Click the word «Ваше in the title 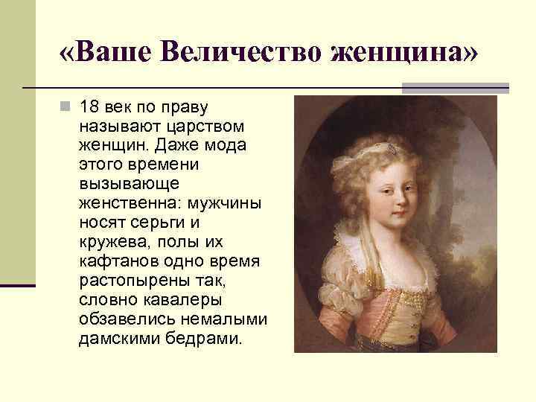point(106,53)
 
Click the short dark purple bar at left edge point(17,285)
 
